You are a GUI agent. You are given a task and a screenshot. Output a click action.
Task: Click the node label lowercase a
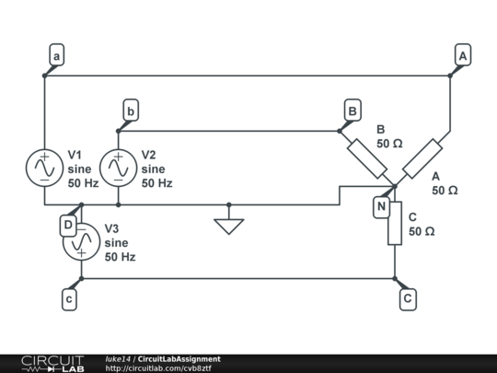point(57,57)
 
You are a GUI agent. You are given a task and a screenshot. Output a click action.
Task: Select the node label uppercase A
point(463,56)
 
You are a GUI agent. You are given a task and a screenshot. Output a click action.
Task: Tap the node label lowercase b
point(131,112)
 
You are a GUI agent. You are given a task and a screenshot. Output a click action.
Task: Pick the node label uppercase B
point(353,111)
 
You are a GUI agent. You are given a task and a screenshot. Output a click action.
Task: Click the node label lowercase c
point(70,298)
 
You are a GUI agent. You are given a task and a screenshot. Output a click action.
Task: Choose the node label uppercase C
point(408,298)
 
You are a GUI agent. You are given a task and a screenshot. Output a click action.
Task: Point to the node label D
point(68,225)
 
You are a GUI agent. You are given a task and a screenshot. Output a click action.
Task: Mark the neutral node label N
point(381,208)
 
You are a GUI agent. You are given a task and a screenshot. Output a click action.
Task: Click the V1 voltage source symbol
point(44,168)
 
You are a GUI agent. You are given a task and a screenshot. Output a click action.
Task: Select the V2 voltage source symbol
point(118,168)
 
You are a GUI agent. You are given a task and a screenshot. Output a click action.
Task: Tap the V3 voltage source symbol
point(81,242)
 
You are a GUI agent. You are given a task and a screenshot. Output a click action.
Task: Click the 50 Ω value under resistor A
point(445,191)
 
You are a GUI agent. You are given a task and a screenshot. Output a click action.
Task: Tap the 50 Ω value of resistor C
point(422,232)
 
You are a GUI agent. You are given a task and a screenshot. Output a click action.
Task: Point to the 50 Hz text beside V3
point(120,258)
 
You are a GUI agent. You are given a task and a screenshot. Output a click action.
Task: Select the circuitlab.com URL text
point(158,368)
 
